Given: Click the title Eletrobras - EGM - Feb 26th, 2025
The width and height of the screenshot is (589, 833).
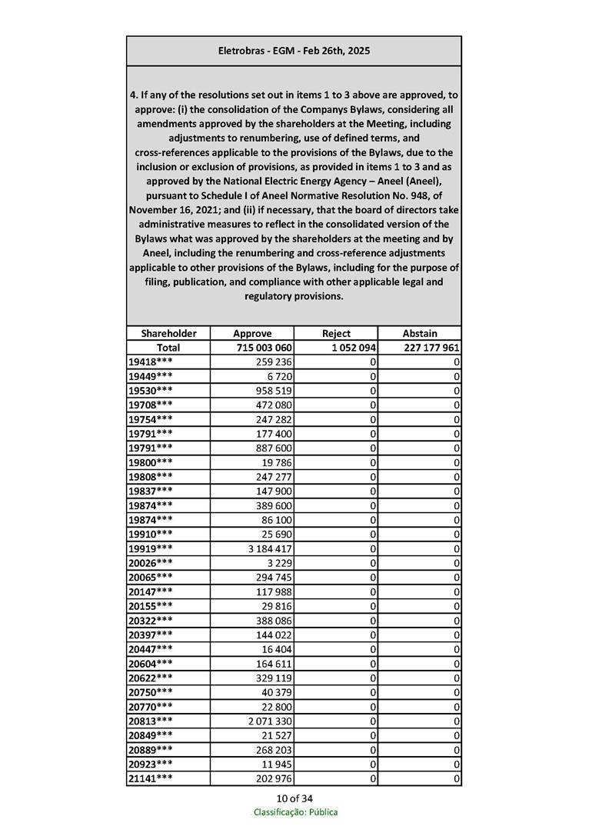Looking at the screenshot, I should pos(294,51).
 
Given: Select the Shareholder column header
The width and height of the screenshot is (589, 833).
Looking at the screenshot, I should pos(168,333).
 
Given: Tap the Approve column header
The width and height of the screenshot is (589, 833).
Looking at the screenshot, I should pos(252,333).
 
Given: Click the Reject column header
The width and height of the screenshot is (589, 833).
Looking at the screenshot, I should pos(336,333).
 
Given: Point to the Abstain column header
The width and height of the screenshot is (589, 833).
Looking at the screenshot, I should pos(420,333).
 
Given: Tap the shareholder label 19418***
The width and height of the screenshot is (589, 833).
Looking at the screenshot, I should pos(151,362).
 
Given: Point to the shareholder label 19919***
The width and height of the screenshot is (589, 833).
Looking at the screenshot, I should pos(151,548).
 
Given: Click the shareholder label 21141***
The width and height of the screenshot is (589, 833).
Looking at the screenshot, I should pos(151,779).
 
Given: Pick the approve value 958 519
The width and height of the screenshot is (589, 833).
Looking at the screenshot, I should pos(274,391).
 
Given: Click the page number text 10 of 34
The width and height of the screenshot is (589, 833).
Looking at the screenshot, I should pos(294,798).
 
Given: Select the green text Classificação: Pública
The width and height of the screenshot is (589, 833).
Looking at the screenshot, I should pos(295,812).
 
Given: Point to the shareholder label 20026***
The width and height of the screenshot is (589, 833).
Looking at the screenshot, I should pos(151,563).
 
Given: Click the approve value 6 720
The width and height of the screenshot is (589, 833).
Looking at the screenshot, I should pos(279,376).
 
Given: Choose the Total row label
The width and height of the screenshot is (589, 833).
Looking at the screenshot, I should pos(168,348).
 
